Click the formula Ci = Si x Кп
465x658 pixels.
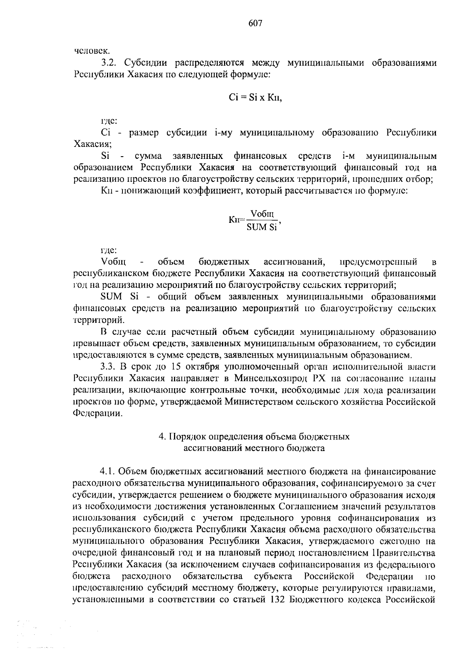pos(255,98)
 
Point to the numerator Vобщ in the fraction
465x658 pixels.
pos(262,214)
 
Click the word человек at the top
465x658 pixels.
pos(87,50)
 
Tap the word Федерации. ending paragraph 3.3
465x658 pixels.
pos(98,413)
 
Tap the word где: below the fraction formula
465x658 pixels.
pos(107,250)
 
